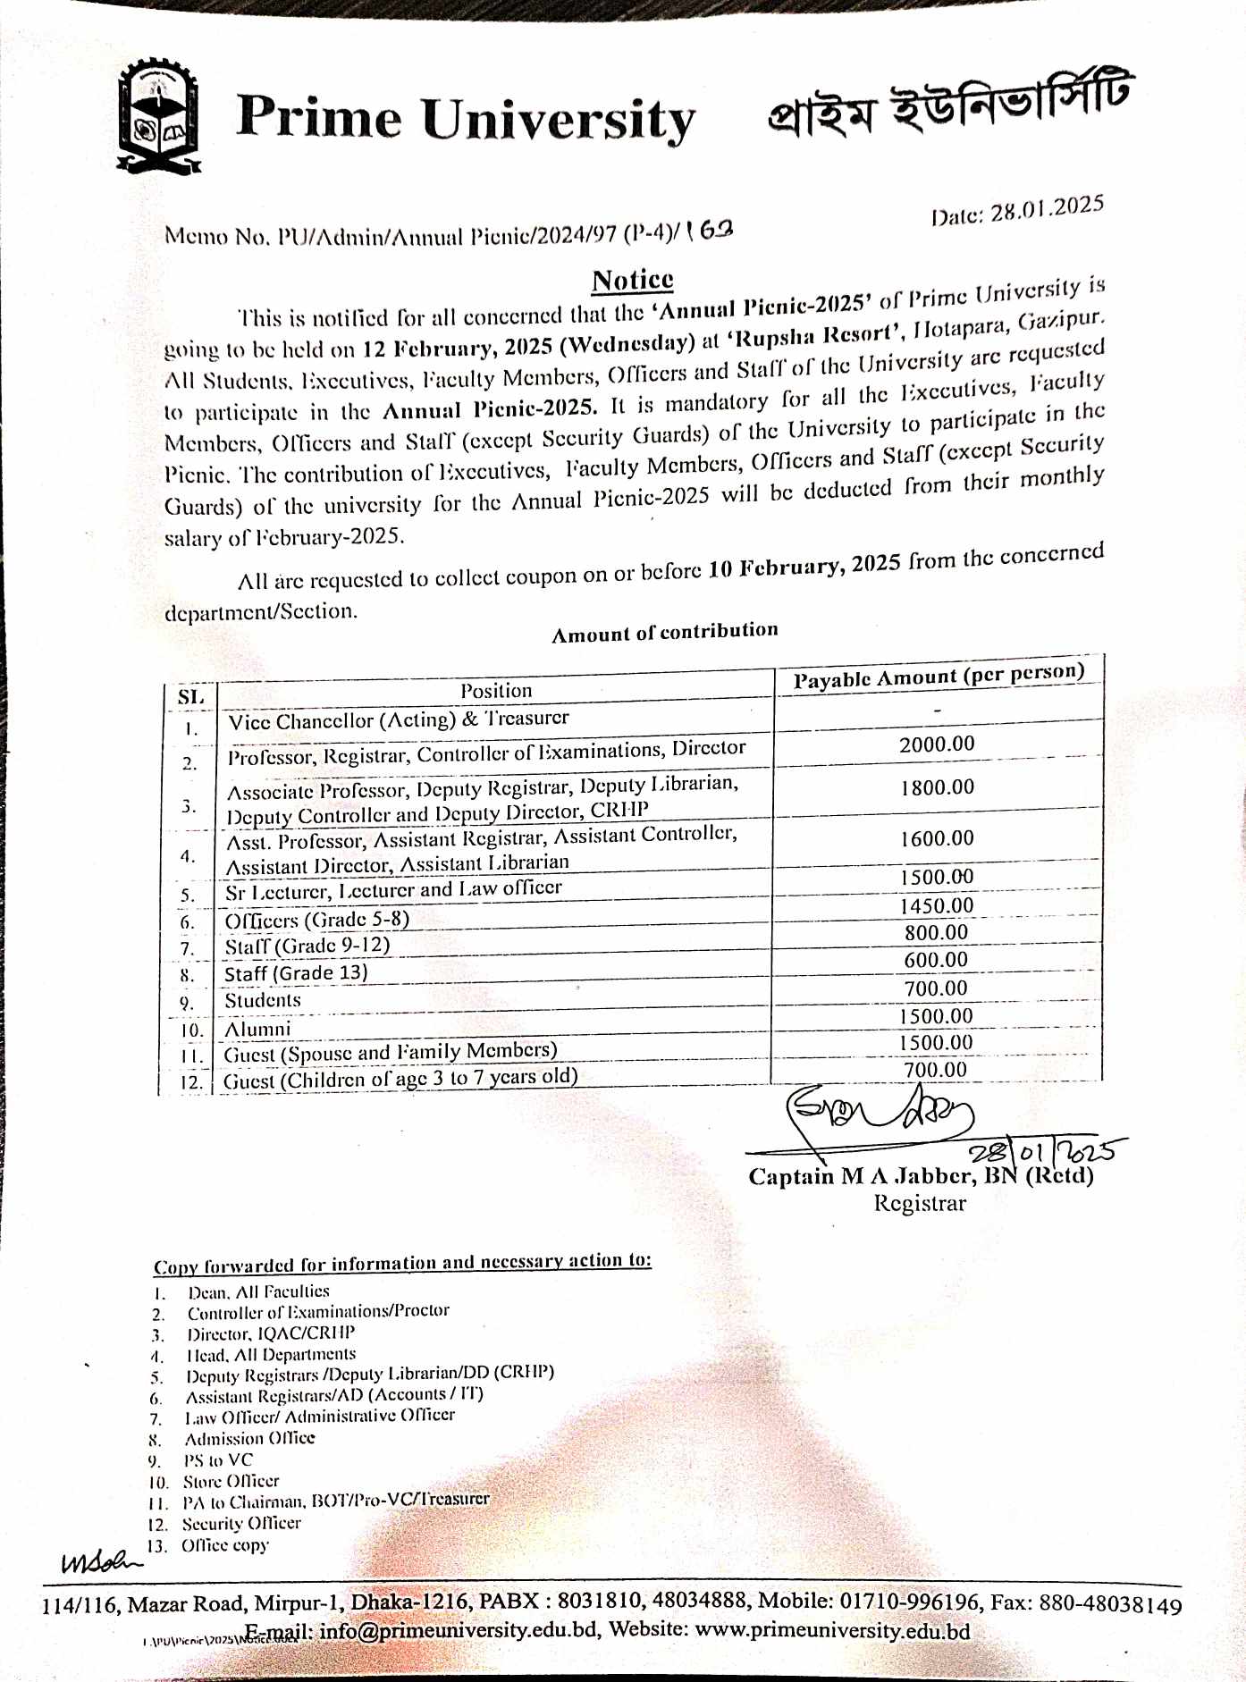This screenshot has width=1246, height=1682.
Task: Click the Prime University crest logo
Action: [159, 115]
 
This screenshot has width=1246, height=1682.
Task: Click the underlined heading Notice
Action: [632, 280]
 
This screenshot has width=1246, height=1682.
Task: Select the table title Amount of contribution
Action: [664, 632]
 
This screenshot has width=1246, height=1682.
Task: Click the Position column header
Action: [496, 690]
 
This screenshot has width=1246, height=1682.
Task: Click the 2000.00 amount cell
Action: [937, 744]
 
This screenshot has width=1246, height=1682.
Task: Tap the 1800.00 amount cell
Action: [937, 787]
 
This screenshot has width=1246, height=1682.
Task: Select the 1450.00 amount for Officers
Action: [937, 905]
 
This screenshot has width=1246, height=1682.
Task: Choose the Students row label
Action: [263, 1000]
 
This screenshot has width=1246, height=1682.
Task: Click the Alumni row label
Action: [257, 1029]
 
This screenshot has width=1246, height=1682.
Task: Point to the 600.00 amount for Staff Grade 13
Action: [935, 960]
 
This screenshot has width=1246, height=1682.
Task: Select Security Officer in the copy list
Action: [241, 1523]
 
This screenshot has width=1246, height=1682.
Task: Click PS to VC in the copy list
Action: [218, 1460]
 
